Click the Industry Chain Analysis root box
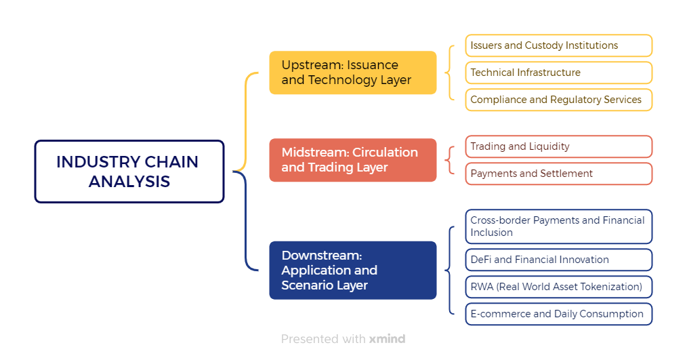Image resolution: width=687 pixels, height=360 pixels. click(x=129, y=172)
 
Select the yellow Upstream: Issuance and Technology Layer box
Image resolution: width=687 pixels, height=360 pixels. click(x=353, y=73)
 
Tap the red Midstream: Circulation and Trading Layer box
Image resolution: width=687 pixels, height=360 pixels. click(x=353, y=160)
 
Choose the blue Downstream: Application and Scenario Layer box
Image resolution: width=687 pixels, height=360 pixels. click(x=353, y=270)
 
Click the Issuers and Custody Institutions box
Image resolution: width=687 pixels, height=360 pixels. click(x=559, y=45)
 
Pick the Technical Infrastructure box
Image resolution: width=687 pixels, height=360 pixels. click(x=559, y=73)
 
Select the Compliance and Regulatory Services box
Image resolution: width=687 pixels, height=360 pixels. click(x=559, y=100)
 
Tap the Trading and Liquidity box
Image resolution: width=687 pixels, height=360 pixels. click(x=559, y=146)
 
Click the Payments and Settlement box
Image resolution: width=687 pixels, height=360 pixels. click(x=559, y=174)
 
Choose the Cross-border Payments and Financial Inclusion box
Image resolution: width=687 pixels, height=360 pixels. click(x=559, y=226)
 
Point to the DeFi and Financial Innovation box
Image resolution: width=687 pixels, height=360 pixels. click(x=559, y=260)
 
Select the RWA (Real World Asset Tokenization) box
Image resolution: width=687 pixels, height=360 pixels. click(x=559, y=287)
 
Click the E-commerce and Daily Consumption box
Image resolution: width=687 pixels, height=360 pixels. click(x=559, y=314)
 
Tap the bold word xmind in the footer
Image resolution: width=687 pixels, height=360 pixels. click(x=387, y=339)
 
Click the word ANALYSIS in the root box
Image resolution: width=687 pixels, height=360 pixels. click(x=129, y=182)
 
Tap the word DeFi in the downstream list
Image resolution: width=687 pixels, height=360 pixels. click(x=480, y=260)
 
